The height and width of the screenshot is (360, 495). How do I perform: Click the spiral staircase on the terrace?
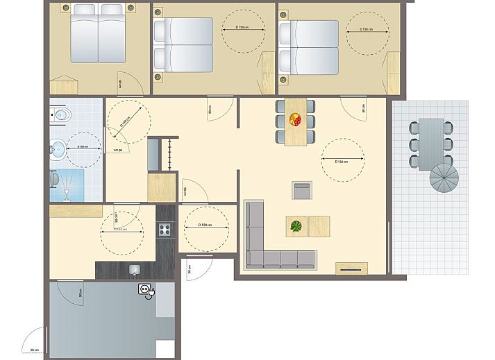click(x=444, y=182)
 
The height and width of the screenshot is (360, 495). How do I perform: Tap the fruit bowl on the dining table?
click(x=296, y=119)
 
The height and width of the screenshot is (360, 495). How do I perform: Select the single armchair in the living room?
click(x=302, y=190)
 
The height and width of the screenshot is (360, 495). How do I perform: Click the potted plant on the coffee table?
click(x=297, y=226)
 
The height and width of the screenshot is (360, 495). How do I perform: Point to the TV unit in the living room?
click(x=352, y=268)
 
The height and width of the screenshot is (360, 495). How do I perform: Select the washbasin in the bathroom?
click(x=58, y=146)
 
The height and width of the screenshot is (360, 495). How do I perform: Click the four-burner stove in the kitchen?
click(x=166, y=228)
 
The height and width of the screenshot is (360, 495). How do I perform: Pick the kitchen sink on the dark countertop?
click(x=135, y=268)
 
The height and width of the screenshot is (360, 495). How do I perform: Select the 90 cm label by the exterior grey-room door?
click(x=32, y=349)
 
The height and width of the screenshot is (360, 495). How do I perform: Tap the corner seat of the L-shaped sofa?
click(x=254, y=259)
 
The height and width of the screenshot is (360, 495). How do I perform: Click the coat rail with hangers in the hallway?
click(x=167, y=154)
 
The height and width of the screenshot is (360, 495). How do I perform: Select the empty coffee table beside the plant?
click(x=319, y=226)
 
